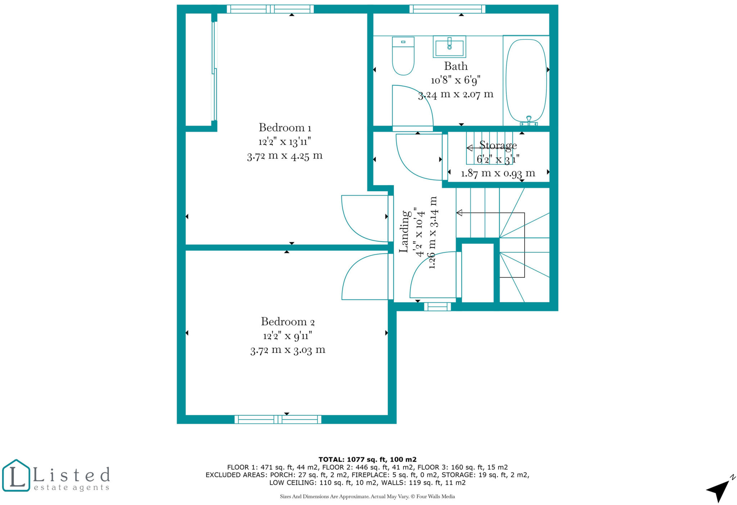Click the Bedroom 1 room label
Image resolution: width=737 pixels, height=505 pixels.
(x=285, y=128)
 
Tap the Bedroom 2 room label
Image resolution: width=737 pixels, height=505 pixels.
(x=288, y=321)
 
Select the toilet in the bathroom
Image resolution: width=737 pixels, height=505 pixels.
(x=403, y=56)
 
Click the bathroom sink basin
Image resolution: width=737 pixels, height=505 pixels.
(x=449, y=47)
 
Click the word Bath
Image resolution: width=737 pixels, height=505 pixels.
(x=456, y=66)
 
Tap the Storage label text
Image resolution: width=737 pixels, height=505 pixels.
(x=498, y=145)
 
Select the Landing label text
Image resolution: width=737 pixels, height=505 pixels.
(x=404, y=231)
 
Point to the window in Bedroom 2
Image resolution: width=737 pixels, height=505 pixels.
(x=278, y=419)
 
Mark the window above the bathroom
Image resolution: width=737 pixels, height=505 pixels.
(x=447, y=9)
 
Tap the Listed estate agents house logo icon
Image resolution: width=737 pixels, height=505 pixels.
(x=16, y=475)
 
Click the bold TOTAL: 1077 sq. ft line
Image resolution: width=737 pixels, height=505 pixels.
(x=367, y=459)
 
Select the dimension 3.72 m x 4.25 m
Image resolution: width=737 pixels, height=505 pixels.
(x=285, y=156)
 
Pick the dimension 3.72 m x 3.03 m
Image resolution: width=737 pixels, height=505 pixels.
(x=288, y=350)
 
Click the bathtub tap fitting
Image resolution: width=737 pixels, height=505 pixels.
(x=529, y=121)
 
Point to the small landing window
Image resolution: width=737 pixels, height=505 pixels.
(x=437, y=307)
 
